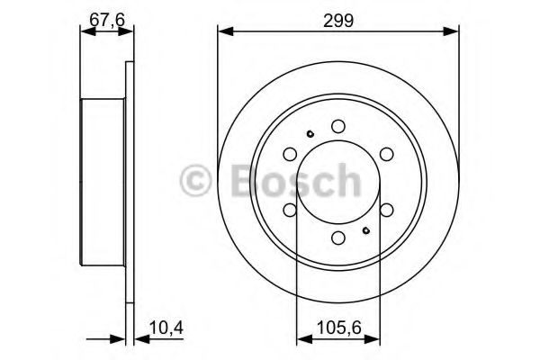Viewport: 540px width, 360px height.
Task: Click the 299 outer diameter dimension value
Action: (x=337, y=16)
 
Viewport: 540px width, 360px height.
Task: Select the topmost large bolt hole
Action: (x=337, y=127)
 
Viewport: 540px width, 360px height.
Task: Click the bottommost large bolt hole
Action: (x=337, y=238)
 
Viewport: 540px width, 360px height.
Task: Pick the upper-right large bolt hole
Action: (x=386, y=155)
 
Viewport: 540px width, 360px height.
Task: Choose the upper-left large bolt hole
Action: (x=290, y=155)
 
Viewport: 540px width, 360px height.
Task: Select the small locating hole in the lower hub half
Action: (x=365, y=229)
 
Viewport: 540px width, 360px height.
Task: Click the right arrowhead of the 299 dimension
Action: (x=454, y=32)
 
